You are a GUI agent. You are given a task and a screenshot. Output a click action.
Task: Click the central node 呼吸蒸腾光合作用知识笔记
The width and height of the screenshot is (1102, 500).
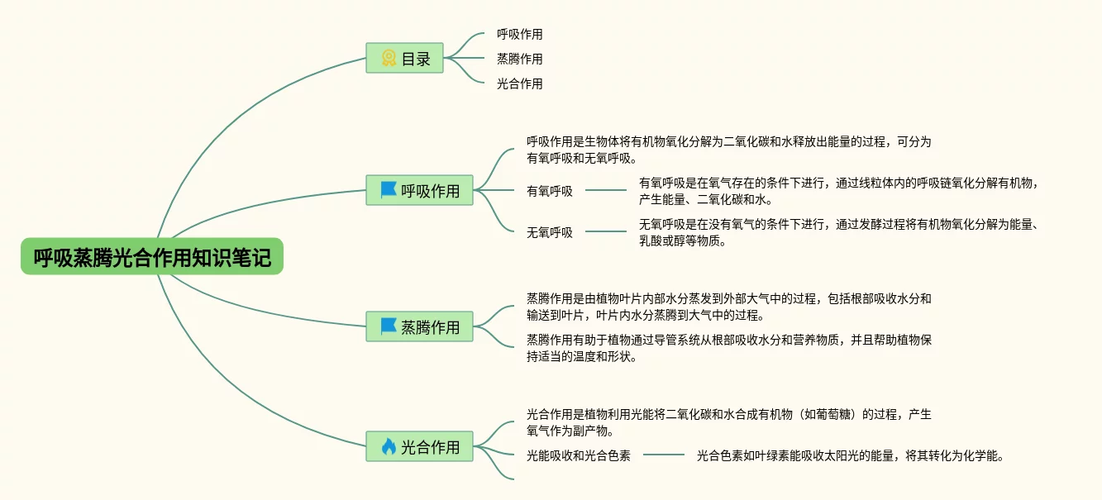[x=152, y=257]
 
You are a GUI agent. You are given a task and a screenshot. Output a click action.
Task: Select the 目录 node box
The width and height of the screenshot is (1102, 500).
[x=405, y=59]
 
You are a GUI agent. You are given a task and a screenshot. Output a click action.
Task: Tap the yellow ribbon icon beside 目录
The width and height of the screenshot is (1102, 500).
[x=389, y=59]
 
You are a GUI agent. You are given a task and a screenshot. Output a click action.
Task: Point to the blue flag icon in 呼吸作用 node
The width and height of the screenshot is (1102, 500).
[x=389, y=190]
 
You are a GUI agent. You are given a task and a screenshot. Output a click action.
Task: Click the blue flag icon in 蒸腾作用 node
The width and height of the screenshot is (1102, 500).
[x=389, y=326]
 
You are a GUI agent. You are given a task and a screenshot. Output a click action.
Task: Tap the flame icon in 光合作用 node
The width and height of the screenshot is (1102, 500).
[x=389, y=446]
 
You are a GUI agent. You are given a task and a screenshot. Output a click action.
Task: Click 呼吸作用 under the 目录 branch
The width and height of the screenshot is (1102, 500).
[x=519, y=34]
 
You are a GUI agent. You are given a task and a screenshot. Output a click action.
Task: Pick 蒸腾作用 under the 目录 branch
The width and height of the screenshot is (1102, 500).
[x=519, y=59]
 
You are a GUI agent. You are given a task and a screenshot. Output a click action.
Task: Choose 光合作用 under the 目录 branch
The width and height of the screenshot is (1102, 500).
[x=519, y=83]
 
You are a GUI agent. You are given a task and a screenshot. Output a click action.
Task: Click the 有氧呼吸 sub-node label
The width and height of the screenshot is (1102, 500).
[x=550, y=191]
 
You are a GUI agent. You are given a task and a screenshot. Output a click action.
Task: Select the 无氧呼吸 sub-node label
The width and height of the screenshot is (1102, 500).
[x=550, y=232]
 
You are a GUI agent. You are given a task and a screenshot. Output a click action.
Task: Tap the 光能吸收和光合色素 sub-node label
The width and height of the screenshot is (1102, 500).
[x=579, y=455]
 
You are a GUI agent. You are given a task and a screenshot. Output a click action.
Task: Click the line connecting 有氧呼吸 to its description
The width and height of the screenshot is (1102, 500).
[x=606, y=191]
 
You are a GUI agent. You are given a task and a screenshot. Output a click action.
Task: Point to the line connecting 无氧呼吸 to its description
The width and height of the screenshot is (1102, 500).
[x=606, y=232]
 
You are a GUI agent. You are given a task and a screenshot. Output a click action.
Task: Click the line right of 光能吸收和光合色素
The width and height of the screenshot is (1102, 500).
[x=664, y=455]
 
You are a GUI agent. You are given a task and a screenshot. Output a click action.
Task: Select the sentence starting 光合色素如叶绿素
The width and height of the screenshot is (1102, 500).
[x=850, y=455]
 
